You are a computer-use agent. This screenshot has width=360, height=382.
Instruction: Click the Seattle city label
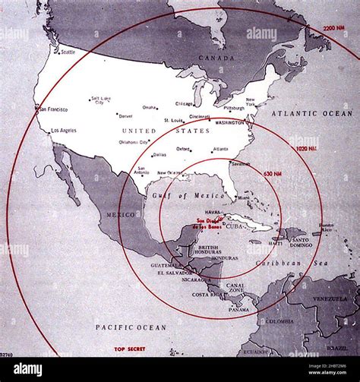tap(68, 52)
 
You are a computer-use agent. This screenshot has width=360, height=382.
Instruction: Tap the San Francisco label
tap(54, 109)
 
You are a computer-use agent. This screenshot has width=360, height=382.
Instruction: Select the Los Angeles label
tap(63, 131)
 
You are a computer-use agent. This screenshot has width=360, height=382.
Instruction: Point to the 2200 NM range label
tap(334, 28)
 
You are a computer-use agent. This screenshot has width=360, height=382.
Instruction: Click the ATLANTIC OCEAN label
tap(318, 113)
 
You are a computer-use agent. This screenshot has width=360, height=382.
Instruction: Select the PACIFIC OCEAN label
tap(130, 327)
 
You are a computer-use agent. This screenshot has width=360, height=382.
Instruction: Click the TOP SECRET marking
tap(130, 349)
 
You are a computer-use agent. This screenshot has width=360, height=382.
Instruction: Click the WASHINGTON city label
tap(229, 122)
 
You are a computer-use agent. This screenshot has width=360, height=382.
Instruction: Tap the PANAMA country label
tap(238, 309)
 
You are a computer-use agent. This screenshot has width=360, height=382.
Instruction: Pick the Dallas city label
tap(159, 154)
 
